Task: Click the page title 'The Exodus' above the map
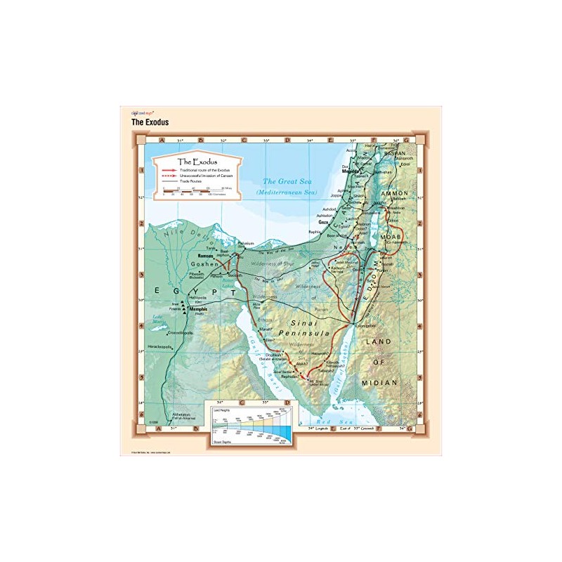pos(150,122)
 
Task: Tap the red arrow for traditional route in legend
pos(168,170)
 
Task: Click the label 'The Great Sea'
pos(287,181)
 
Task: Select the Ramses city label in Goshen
pos(206,256)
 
